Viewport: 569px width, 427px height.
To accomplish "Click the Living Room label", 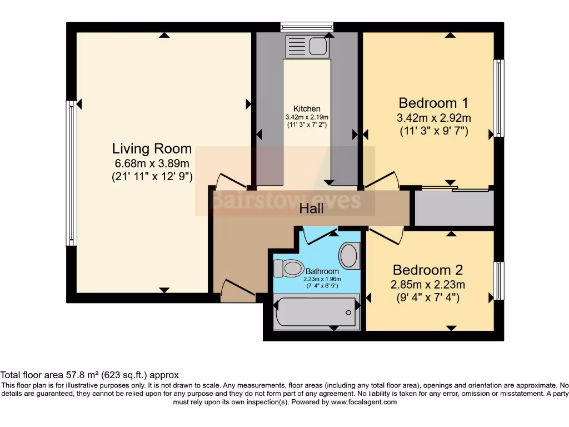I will click(152, 149).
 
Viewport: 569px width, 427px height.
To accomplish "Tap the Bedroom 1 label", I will click(433, 103).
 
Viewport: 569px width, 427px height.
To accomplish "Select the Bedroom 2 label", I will click(428, 270).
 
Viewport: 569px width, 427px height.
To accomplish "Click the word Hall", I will click(311, 209).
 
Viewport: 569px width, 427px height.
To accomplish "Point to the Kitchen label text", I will click(307, 109).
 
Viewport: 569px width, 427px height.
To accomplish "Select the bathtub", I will click(316, 312).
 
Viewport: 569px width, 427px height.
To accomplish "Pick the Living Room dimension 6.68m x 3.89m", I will click(152, 163).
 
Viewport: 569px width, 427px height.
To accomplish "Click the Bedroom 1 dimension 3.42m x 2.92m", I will click(433, 118).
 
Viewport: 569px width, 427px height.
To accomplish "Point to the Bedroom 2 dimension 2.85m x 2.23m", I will click(428, 285).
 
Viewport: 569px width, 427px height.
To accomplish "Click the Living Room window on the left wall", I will click(71, 173).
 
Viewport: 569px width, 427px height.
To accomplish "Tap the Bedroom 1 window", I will click(499, 98).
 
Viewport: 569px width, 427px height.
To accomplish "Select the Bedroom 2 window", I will click(499, 280).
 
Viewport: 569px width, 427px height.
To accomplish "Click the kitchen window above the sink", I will click(307, 26).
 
